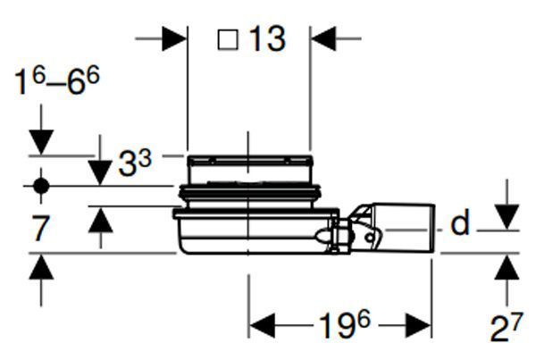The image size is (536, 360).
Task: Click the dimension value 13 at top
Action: tap(268, 39)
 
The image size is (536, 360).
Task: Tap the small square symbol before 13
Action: tap(228, 39)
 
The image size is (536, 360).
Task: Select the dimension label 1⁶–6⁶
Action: tap(57, 81)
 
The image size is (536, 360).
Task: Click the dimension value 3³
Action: tap(135, 163)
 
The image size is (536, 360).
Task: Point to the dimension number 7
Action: tap(40, 229)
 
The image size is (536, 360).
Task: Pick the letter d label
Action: tap(460, 223)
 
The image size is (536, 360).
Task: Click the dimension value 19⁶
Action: tap(345, 325)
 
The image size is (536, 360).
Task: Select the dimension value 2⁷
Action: tap(507, 328)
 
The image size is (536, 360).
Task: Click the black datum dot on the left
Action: tap(41, 187)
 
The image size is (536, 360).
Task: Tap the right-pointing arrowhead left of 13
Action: tap(174, 38)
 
